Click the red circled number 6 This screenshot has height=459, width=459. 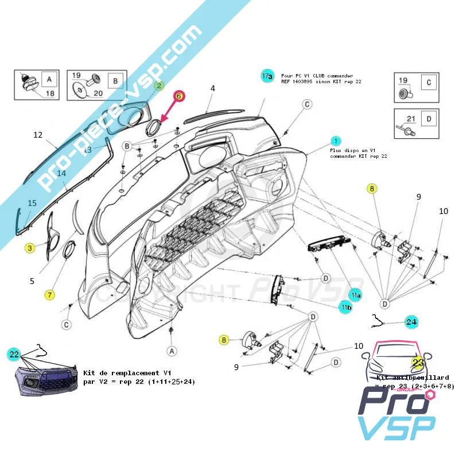point(178,96)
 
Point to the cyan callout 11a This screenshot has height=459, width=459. point(356,295)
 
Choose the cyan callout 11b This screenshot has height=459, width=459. point(345,308)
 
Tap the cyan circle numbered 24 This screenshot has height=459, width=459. point(411,322)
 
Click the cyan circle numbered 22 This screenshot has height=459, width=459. point(14,355)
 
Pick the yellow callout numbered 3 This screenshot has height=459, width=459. point(29,248)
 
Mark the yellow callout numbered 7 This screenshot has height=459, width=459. point(50,295)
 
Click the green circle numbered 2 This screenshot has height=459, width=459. point(160,85)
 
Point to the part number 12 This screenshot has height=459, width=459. point(38,135)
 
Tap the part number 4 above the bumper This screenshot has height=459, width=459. point(212,88)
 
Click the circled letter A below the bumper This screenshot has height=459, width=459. point(171,349)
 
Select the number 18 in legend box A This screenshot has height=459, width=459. point(50,94)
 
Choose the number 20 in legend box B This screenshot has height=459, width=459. point(98,93)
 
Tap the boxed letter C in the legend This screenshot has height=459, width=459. point(427,83)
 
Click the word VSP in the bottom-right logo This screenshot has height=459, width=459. point(396,427)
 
